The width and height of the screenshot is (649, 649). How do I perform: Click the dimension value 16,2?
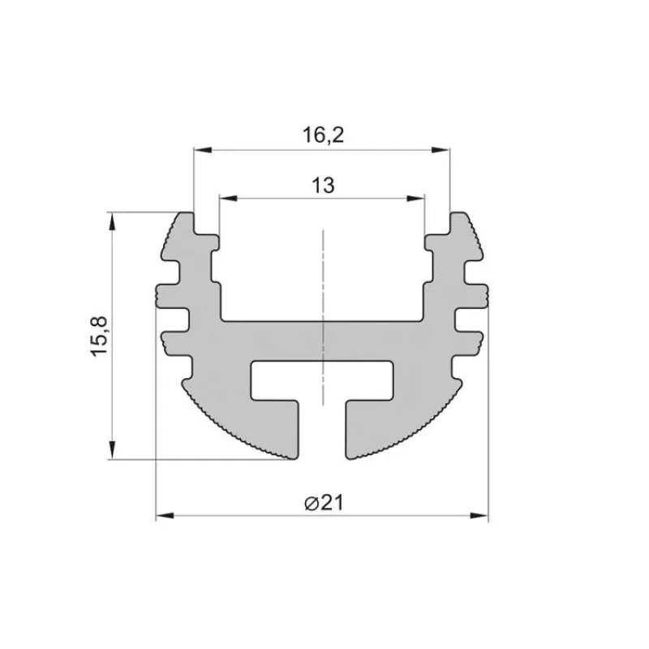[x=324, y=135]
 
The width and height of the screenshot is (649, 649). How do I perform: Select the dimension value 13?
[x=323, y=185]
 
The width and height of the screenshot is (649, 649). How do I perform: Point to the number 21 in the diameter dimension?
[x=331, y=503]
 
